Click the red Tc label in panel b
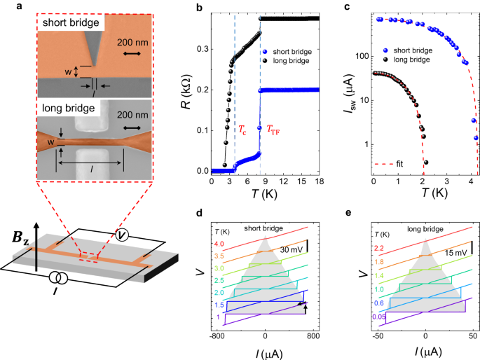243,130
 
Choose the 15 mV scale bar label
448,250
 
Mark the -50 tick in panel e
385,335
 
